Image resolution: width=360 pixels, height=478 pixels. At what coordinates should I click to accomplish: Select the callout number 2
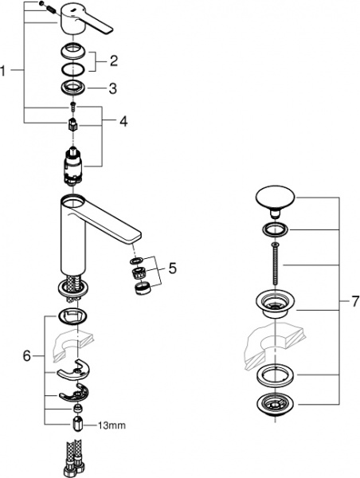click(x=113, y=60)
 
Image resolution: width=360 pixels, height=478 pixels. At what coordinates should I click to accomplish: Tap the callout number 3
click(x=113, y=88)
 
